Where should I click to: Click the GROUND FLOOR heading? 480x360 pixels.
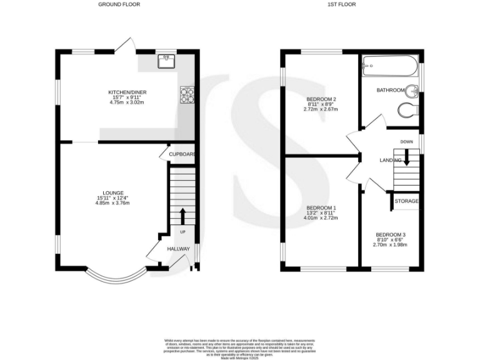point(119,4)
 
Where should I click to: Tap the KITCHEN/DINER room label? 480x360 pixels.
point(127,93)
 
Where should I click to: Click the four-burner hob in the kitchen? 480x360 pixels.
point(187,94)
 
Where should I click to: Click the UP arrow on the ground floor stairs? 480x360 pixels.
point(182,216)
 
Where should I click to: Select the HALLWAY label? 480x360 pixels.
point(178,249)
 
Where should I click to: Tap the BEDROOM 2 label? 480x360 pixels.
point(321,99)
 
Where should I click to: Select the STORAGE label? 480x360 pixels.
point(406,201)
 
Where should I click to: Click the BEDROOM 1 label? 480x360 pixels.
point(321,208)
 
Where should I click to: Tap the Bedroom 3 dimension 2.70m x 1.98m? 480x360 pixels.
point(391,244)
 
